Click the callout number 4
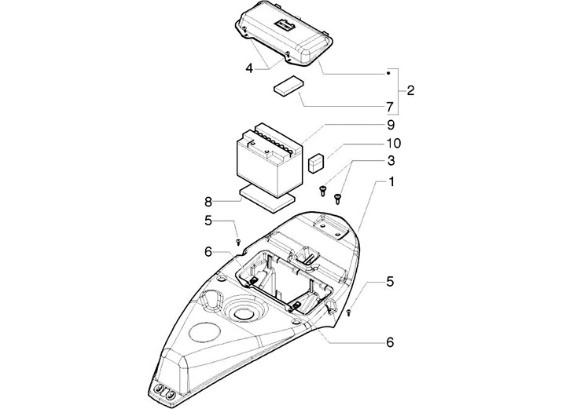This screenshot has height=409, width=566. (248, 68)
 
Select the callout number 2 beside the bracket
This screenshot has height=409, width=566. (410, 91)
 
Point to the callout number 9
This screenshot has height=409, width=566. (390, 124)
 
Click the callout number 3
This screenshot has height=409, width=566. (390, 161)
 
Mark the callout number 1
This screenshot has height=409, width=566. (390, 182)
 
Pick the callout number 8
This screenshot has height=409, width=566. (209, 201)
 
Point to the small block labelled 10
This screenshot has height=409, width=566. (316, 163)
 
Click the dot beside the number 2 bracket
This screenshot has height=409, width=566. (388, 73)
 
